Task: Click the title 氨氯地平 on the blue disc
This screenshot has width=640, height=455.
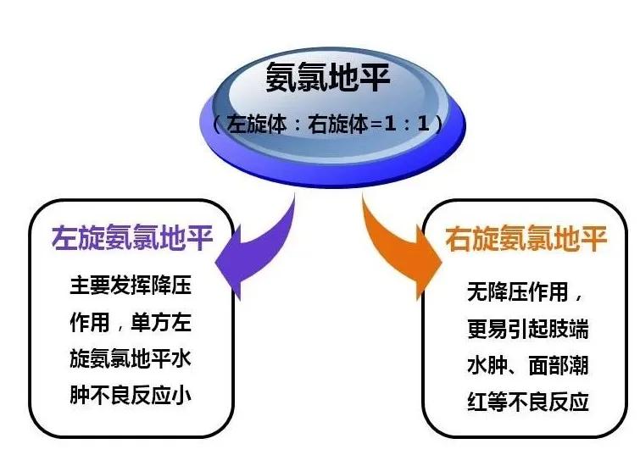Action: [x=329, y=80]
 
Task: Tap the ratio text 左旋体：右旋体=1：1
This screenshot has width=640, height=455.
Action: [x=329, y=124]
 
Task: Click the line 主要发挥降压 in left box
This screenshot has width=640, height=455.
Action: [x=131, y=285]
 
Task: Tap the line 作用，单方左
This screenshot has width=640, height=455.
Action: [x=131, y=322]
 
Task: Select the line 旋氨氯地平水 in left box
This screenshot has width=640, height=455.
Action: [x=131, y=358]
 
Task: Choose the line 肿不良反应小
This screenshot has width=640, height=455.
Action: [x=131, y=395]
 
